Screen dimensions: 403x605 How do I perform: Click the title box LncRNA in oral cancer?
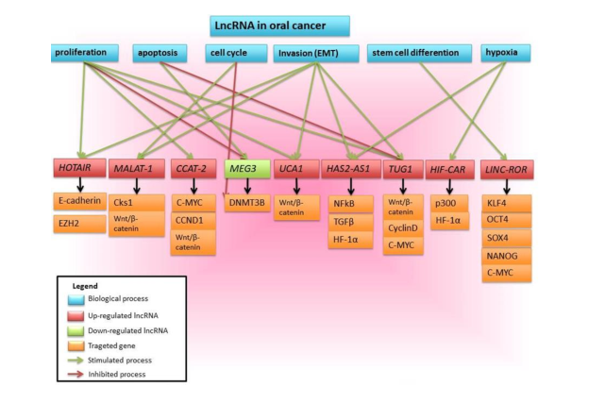pyautogui.click(x=280, y=25)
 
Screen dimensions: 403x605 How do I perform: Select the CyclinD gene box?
pyautogui.click(x=403, y=228)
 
